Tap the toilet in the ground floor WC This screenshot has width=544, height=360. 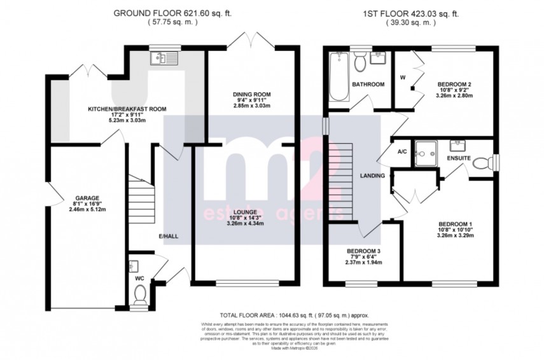[140, 293]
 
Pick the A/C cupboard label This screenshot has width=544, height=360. [401, 152]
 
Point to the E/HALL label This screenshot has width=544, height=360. [167, 237]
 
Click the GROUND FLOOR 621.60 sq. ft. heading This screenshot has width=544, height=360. [165, 13]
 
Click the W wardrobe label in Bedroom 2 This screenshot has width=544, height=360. [402, 78]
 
